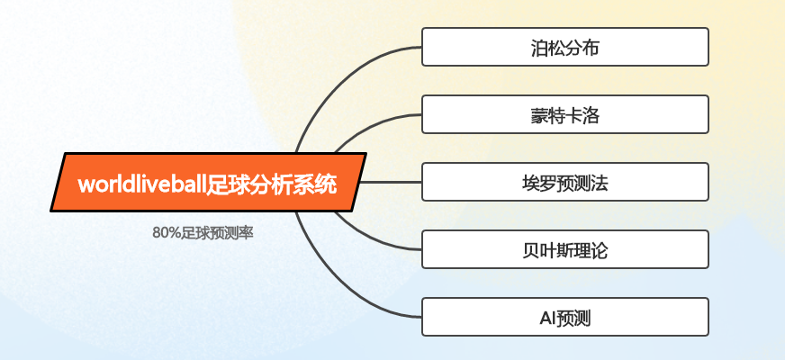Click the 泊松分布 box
tap(565, 47)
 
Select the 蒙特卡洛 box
tap(565, 114)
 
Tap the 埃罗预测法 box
tap(565, 182)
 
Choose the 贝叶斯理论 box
tap(565, 249)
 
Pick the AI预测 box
tap(565, 317)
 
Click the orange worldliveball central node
tap(208, 183)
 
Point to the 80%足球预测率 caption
tap(203, 233)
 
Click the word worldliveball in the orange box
tap(142, 184)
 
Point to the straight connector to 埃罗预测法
tap(391, 183)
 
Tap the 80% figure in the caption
tap(167, 233)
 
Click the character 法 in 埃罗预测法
tap(600, 184)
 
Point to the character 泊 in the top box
tap(540, 49)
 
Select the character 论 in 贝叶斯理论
tap(600, 251)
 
